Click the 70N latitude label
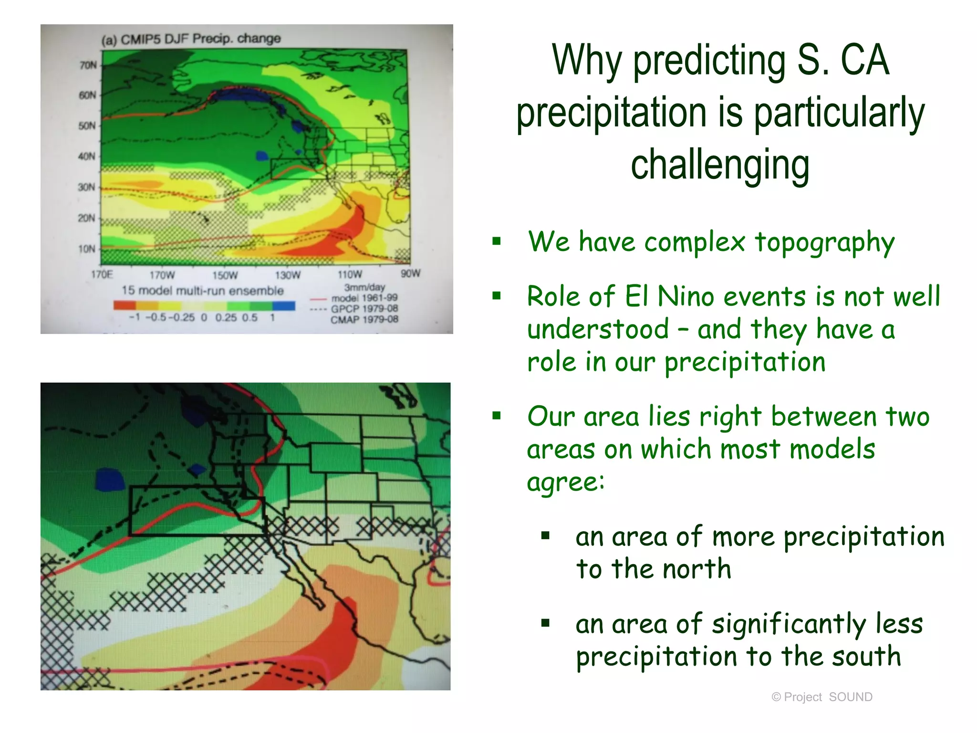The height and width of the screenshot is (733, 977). coord(88,65)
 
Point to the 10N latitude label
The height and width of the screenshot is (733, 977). coord(87,249)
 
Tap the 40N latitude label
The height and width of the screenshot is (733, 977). coord(87,156)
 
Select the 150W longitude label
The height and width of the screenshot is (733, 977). coord(225,275)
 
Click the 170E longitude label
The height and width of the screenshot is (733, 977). coord(102,274)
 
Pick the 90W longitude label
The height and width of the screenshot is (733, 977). coord(410,273)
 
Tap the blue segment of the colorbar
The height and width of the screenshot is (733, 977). coord(283,305)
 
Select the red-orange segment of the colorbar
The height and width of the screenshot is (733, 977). coord(125,305)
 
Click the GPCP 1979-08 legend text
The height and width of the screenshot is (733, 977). coord(364,309)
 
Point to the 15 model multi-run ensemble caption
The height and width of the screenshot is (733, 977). coord(202,291)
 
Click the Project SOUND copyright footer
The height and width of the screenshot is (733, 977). coord(821,697)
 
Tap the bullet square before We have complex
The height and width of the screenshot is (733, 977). coord(497,241)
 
